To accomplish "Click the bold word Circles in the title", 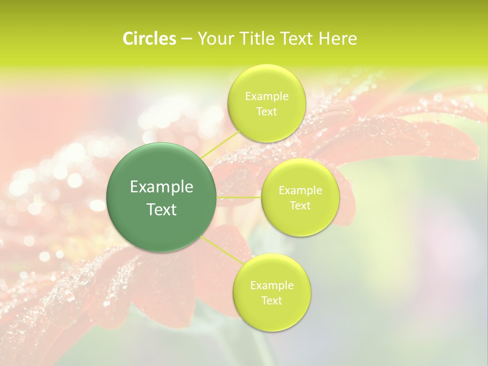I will coord(149,39).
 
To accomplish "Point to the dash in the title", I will coord(186,39).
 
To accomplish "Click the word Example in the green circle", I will coord(162,187).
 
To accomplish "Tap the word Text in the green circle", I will coord(162,209).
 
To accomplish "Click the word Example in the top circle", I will coord(266,97).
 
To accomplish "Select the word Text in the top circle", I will coord(266,112).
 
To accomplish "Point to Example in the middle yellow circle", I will coord(300,191).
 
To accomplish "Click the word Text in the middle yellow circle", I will coord(300,206).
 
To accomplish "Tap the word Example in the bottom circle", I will coord(271,286).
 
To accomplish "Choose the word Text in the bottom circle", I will coord(271,301).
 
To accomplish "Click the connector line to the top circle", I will coord(220,143).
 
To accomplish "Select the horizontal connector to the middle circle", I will coord(239,197).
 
